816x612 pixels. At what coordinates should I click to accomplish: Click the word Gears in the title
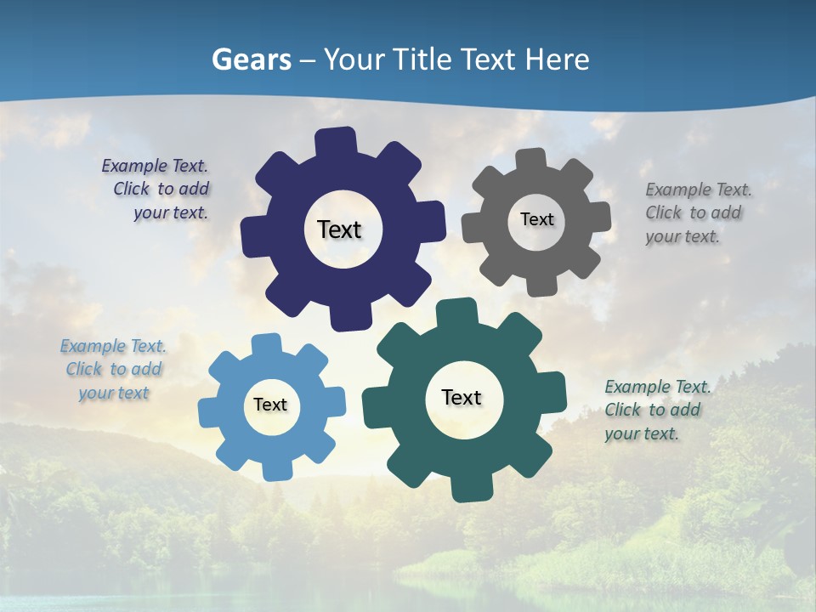tap(251, 59)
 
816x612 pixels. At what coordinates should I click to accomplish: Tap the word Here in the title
tap(557, 59)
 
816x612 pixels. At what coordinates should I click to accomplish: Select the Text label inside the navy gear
tap(339, 229)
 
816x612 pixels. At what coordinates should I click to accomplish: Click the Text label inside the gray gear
tap(536, 219)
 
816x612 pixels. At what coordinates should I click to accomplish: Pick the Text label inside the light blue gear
tap(270, 405)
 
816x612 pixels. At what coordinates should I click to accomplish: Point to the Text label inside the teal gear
tap(462, 397)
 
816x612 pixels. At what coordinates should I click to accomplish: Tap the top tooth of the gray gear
tap(531, 160)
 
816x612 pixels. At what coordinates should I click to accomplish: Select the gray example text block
tap(694, 212)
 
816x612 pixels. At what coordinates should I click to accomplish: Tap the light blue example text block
tap(113, 370)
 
